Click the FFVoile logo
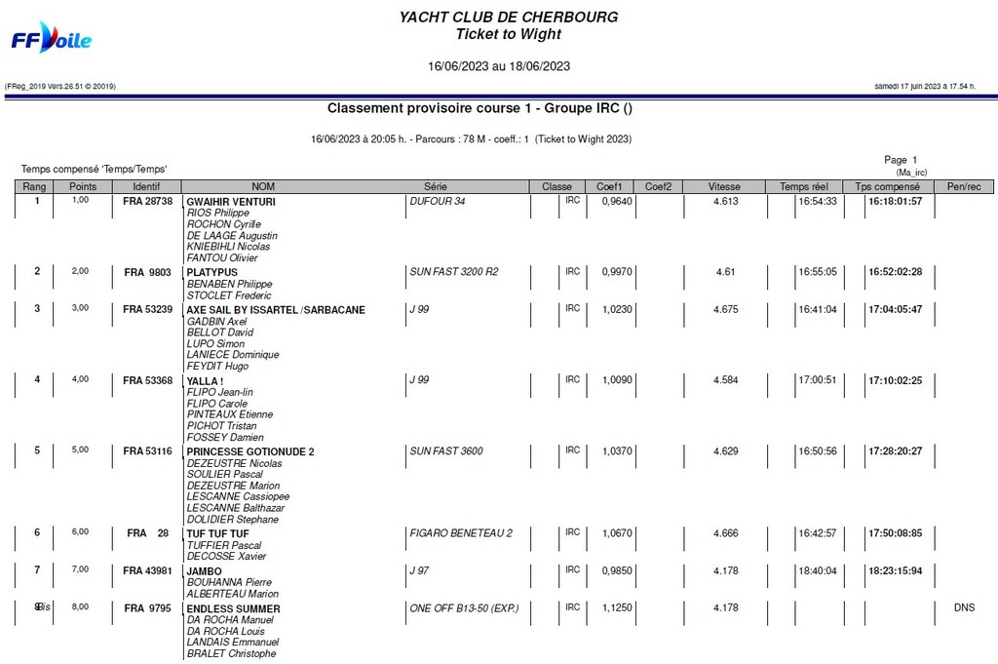point(51,40)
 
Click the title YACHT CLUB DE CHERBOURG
point(508,17)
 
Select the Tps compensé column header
point(887,186)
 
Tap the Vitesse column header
point(724,186)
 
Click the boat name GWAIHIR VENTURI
point(230,201)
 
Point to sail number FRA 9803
point(147,272)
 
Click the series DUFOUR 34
point(438,201)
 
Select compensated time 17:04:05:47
point(895,310)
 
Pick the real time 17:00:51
point(817,380)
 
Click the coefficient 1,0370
point(617,451)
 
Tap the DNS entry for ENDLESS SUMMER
point(964,607)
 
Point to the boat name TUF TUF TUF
point(217,534)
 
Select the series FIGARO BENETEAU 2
point(461,532)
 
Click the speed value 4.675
point(725,310)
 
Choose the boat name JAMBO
point(204,571)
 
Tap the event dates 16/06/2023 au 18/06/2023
point(499,67)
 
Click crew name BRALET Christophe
point(231,653)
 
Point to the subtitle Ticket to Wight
point(508,34)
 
